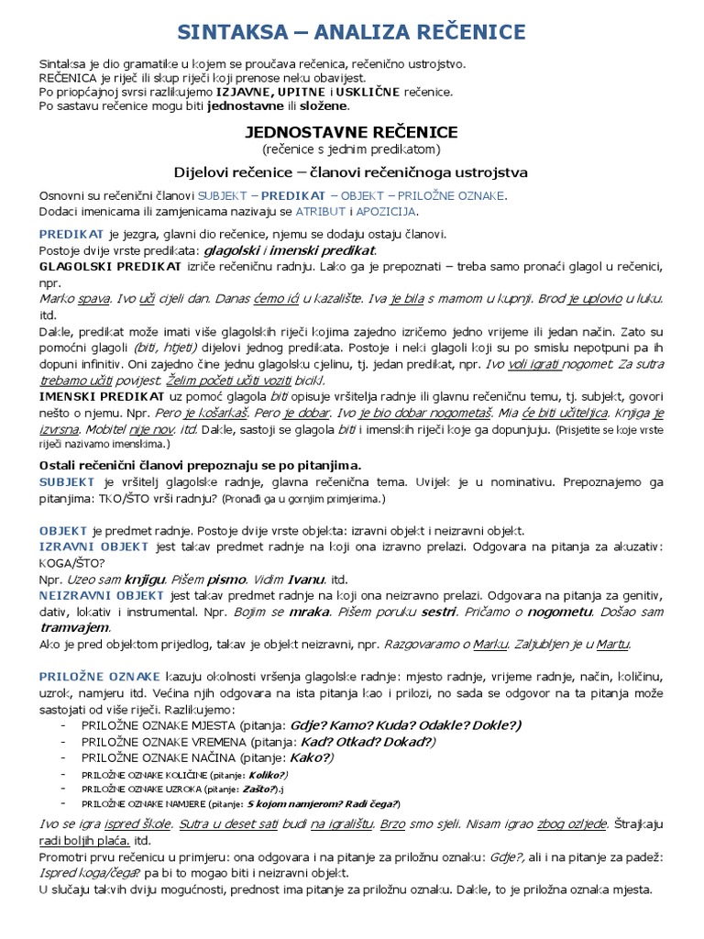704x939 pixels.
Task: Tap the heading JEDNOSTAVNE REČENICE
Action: click(x=351, y=133)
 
